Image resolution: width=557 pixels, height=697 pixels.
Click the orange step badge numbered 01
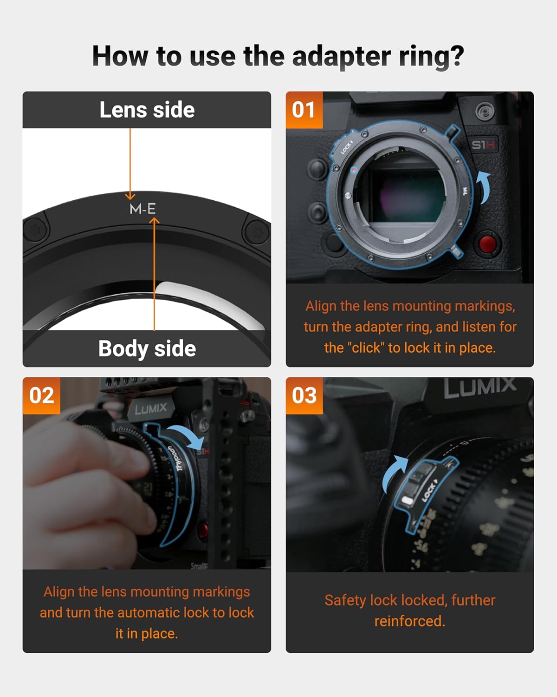point(304,110)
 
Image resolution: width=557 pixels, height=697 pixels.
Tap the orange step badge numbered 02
point(41,395)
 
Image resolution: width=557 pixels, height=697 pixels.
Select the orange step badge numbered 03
point(304,395)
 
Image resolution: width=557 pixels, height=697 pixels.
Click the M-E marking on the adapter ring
point(142,209)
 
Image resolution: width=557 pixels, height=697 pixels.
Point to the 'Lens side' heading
point(147,110)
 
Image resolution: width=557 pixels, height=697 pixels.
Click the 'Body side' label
point(147,348)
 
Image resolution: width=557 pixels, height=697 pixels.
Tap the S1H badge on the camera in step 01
point(483,145)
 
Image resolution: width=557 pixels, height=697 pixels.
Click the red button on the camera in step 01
point(487,243)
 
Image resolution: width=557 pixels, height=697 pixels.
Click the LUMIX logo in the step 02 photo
point(151,409)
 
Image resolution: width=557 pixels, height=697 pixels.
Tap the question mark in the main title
point(456,56)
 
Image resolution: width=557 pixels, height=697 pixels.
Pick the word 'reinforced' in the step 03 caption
point(408,621)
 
